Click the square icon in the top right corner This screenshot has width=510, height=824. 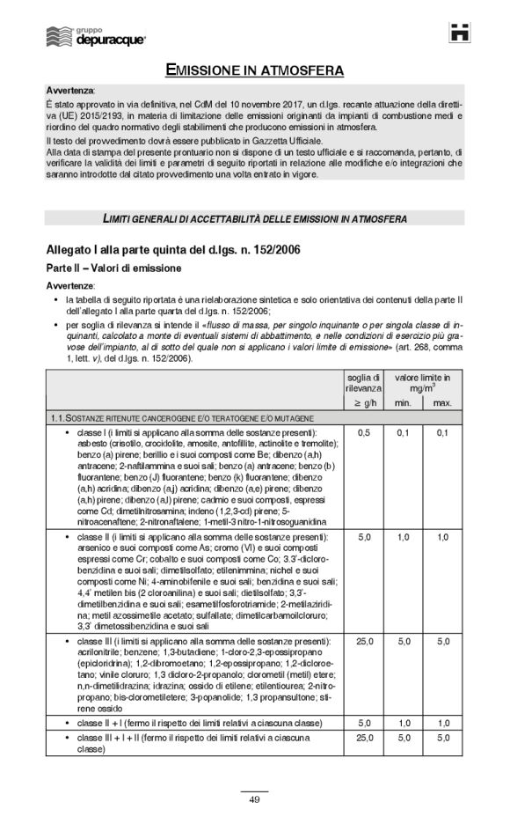pyautogui.click(x=459, y=33)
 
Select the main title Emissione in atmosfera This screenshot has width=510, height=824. pyautogui.click(x=255, y=70)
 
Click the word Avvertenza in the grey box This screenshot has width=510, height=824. pyautogui.click(x=69, y=91)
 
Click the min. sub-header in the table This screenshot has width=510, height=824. pyautogui.click(x=404, y=402)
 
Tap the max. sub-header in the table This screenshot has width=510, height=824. pyautogui.click(x=442, y=402)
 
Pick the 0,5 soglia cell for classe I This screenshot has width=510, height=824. pyautogui.click(x=363, y=433)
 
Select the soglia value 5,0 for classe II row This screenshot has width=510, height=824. pyautogui.click(x=363, y=536)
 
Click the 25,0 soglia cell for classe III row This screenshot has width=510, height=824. pyautogui.click(x=363, y=642)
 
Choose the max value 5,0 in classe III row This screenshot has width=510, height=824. pyautogui.click(x=442, y=642)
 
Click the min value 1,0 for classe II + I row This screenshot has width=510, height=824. pyautogui.click(x=404, y=723)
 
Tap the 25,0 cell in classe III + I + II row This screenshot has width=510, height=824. pyautogui.click(x=363, y=738)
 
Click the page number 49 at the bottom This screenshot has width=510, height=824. pyautogui.click(x=254, y=798)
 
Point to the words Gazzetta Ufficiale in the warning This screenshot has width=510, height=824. pyautogui.click(x=281, y=141)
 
